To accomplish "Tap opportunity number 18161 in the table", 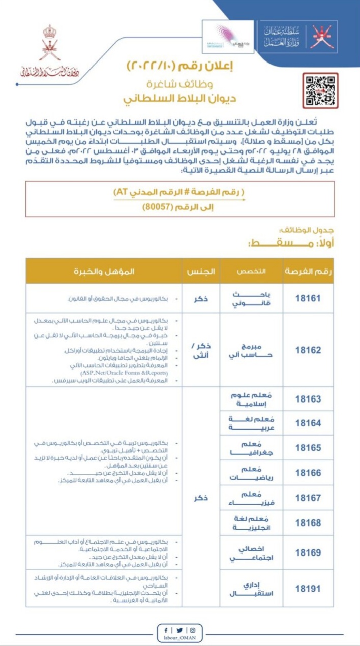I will tap(308, 298).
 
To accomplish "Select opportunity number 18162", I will tap(308, 351).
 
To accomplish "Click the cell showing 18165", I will tap(308, 448).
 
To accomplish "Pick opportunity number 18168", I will tap(308, 523).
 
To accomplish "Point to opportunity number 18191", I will tap(308, 589).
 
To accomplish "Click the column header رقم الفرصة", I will tap(308, 271).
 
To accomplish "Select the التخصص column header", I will tap(249, 271).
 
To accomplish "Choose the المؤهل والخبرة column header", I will tap(105, 271).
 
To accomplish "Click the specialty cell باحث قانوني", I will tap(249, 298).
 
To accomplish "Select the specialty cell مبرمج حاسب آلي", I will tap(249, 351).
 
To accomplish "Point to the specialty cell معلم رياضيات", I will tap(249, 473).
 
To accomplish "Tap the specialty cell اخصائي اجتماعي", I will tap(249, 551).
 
